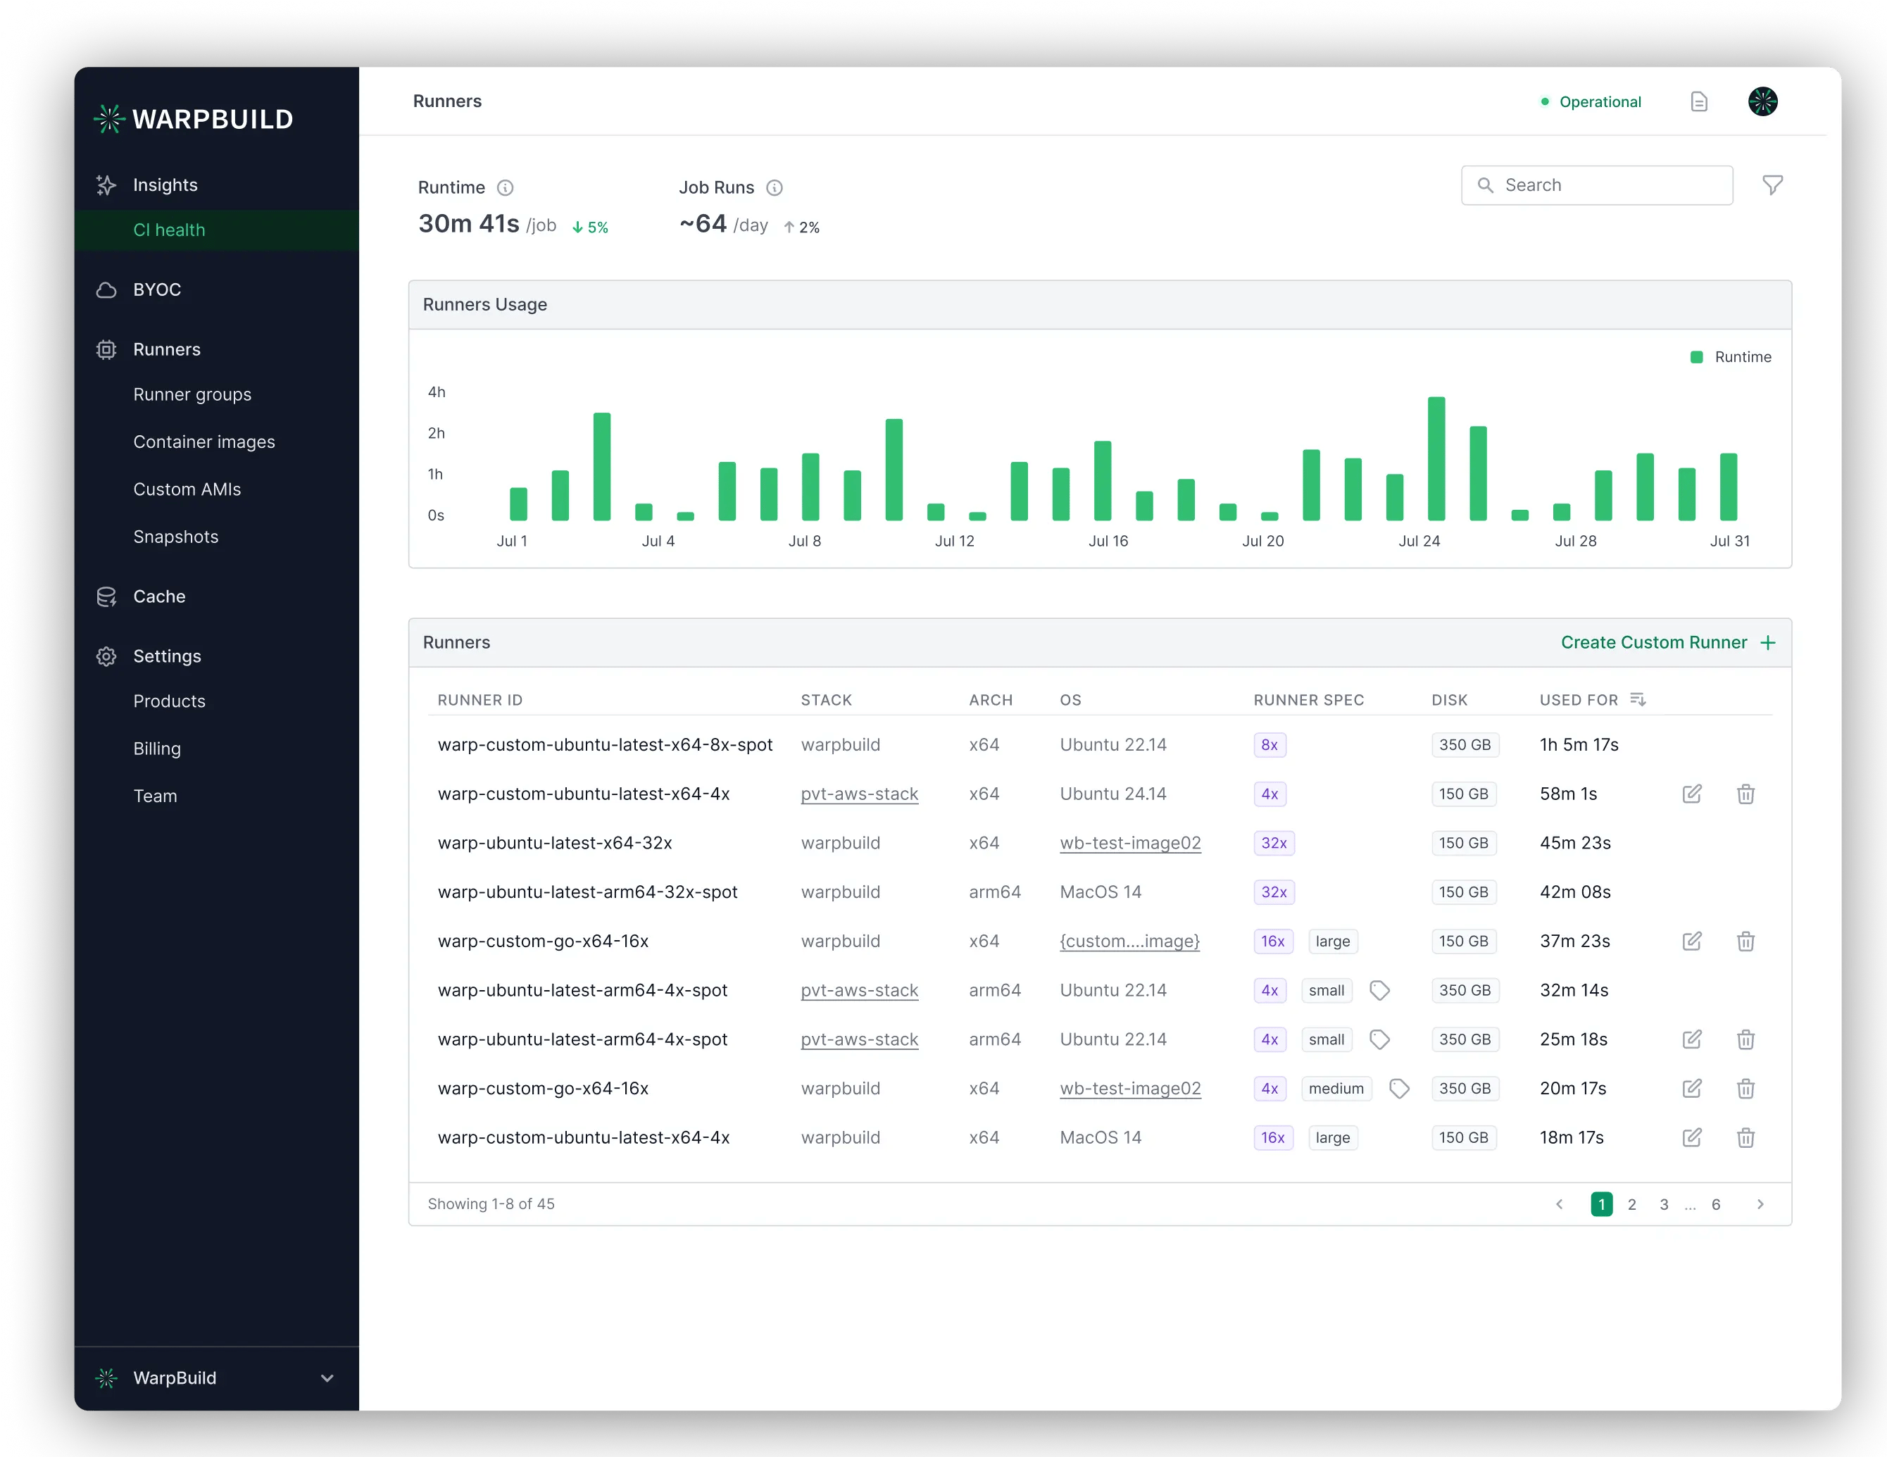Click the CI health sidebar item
(x=170, y=230)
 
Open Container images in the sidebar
(x=204, y=442)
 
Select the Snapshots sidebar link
(x=175, y=537)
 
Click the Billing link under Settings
(x=156, y=749)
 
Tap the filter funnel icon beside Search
(x=1772, y=185)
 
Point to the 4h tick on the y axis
(x=437, y=392)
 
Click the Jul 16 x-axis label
(x=1108, y=541)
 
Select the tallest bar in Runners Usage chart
(x=1436, y=459)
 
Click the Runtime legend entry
(x=1731, y=357)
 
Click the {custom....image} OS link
(x=1129, y=941)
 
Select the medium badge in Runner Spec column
(x=1336, y=1089)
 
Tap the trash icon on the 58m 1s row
(x=1745, y=794)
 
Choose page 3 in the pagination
(x=1663, y=1205)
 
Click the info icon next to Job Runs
(x=774, y=187)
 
